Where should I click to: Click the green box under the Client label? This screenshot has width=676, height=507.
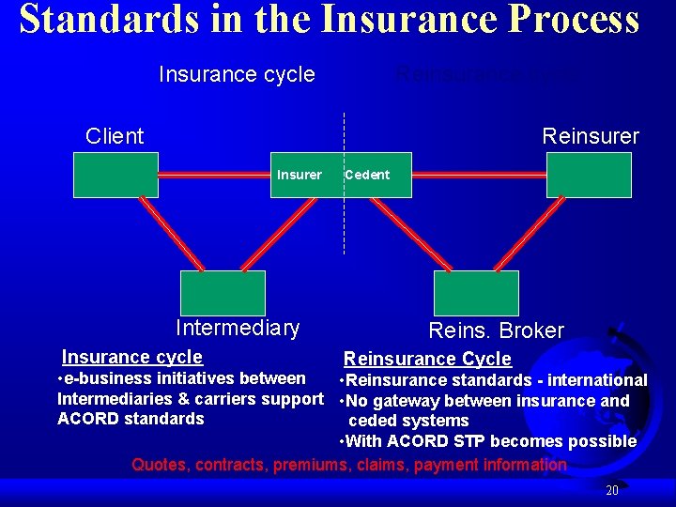tap(117, 175)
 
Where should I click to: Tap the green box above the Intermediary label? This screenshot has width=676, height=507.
tap(223, 293)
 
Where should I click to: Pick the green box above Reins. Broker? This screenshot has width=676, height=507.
tap(476, 293)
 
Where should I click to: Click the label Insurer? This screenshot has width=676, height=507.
tap(300, 175)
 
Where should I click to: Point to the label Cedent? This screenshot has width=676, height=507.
tap(367, 175)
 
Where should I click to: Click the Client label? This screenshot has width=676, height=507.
tap(115, 136)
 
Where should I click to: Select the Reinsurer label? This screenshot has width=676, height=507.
tap(591, 136)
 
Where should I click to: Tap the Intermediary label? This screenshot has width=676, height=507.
tap(238, 328)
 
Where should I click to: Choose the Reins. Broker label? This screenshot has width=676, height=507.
tap(496, 330)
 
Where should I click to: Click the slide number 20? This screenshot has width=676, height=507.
tap(612, 490)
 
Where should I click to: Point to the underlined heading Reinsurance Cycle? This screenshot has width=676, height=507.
tap(427, 359)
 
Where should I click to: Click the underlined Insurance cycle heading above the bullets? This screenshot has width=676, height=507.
tap(132, 357)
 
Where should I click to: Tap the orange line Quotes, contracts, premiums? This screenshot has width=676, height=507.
tap(349, 465)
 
